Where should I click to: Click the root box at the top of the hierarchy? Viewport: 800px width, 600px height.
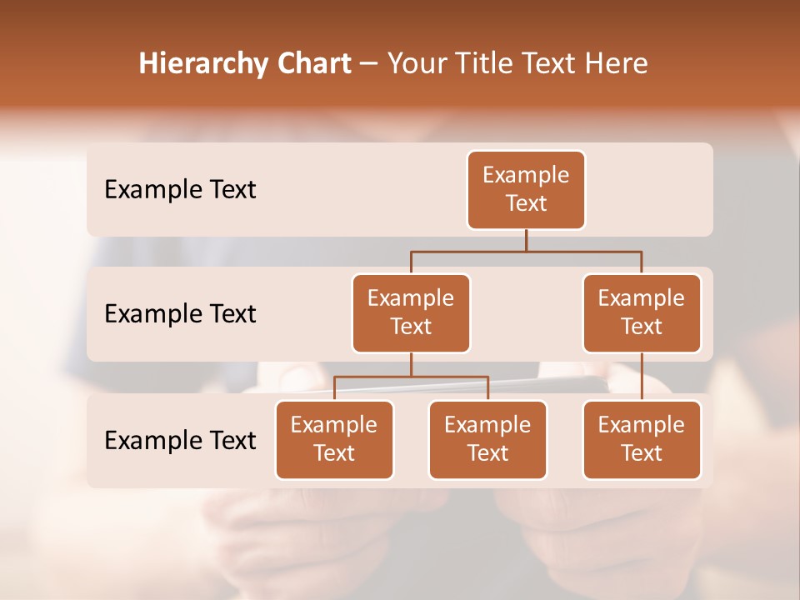click(x=526, y=190)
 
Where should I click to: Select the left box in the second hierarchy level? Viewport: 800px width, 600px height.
click(x=411, y=313)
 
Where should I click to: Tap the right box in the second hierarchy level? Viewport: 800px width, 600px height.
click(x=642, y=313)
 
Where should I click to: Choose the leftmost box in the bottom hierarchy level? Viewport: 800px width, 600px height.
click(x=334, y=440)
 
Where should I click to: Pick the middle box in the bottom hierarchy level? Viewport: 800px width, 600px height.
click(x=487, y=440)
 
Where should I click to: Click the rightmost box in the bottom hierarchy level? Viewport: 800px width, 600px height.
click(x=642, y=440)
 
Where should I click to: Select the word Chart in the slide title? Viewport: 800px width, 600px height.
click(x=314, y=63)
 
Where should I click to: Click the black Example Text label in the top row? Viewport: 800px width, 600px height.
click(x=180, y=190)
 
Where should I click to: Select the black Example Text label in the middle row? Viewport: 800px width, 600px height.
click(x=180, y=314)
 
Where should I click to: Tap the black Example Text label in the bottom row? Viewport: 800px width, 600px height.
click(x=180, y=440)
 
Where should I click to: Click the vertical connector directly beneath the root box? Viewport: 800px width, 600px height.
click(x=526, y=240)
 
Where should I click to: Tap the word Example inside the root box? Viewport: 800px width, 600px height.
click(x=526, y=175)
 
